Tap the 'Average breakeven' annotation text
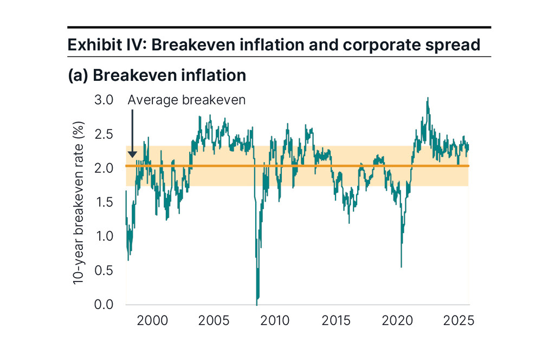click(x=186, y=100)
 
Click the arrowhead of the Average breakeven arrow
click(x=132, y=156)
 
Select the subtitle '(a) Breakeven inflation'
click(x=157, y=75)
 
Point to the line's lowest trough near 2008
click(x=256, y=304)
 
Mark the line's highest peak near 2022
click(x=428, y=98)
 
